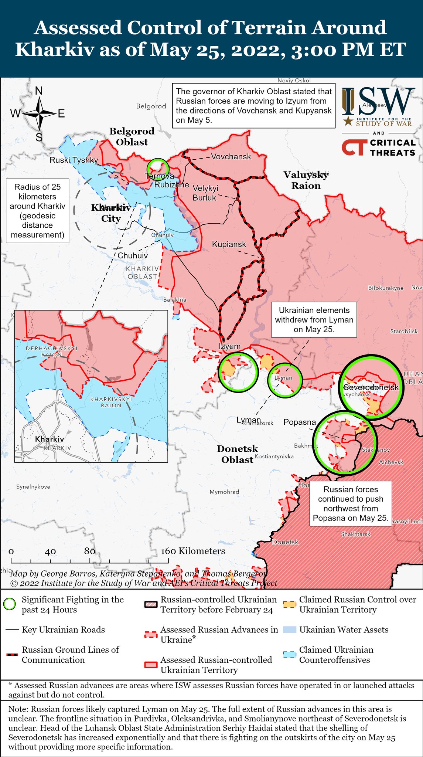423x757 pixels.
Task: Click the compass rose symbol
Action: coord(39,113)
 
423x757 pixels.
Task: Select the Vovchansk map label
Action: coord(231,157)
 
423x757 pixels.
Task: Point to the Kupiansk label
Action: coord(229,244)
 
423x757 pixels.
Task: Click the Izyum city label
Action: coord(229,346)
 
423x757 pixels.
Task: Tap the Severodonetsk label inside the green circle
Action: coord(371,387)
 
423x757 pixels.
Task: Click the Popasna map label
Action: coord(300,422)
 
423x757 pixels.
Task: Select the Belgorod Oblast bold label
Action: coord(132,136)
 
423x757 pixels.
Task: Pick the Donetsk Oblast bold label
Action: coord(237,454)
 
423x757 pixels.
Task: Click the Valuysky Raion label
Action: coord(306,180)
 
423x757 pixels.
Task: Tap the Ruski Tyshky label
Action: coord(74,160)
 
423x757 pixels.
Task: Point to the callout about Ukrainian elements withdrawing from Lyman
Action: coord(314,320)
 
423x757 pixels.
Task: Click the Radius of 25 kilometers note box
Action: coord(37,211)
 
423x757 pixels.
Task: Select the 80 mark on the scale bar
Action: coord(90,551)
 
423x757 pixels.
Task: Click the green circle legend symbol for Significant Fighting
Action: coord(10,605)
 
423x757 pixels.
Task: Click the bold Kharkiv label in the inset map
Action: coord(50,439)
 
